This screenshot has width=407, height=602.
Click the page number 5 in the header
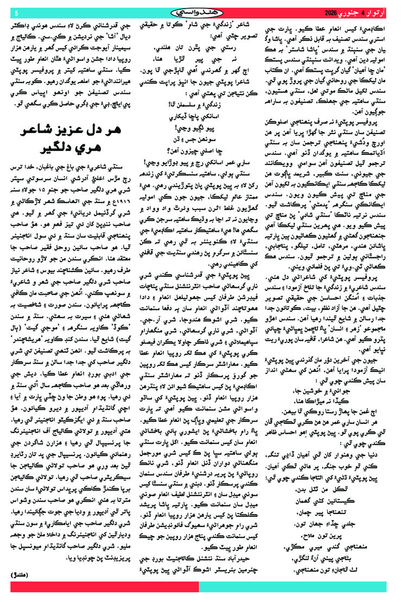pyautogui.click(x=16, y=12)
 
